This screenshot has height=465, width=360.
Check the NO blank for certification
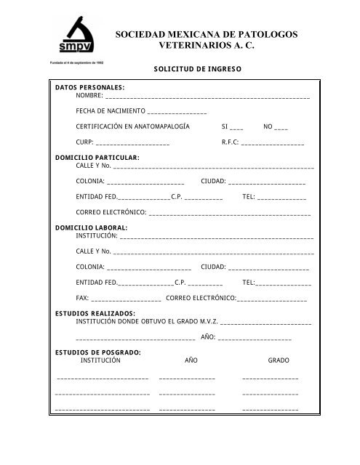coord(281,126)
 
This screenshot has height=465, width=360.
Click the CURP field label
coord(84,142)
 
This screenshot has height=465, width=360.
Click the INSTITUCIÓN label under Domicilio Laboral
coord(97,236)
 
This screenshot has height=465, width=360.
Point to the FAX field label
coord(83,299)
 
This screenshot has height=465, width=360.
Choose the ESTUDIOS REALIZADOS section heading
coord(95,313)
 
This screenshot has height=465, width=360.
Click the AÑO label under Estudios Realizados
coord(207,337)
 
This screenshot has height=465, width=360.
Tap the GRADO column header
coord(279,361)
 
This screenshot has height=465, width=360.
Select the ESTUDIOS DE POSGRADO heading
coord(98,352)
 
